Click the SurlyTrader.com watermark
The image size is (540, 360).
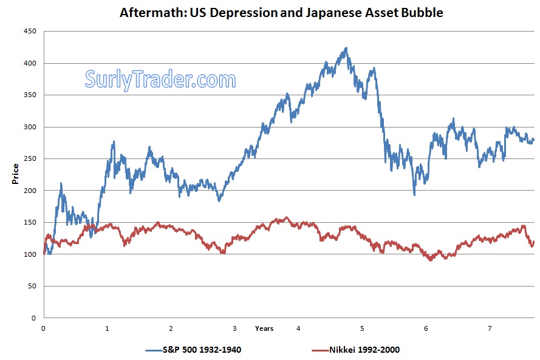160,79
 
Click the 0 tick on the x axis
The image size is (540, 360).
43,328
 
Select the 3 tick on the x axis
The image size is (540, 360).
234,328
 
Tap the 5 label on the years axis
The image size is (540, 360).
362,328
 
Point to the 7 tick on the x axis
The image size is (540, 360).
490,328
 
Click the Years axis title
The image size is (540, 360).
264,328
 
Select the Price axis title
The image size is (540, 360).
15,174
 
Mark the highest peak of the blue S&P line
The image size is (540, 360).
346,48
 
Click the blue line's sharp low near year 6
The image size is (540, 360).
414,194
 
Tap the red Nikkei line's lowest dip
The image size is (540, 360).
431,260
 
